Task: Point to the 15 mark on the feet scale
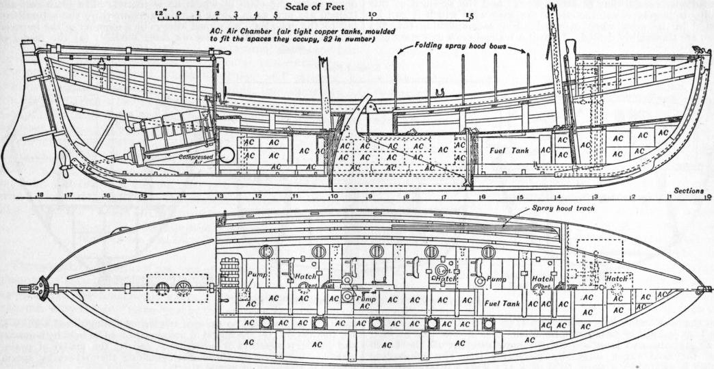[469, 14]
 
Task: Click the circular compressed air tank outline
[226, 154]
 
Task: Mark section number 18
[40, 195]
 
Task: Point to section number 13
[220, 197]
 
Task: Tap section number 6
[483, 197]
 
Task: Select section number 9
[369, 197]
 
